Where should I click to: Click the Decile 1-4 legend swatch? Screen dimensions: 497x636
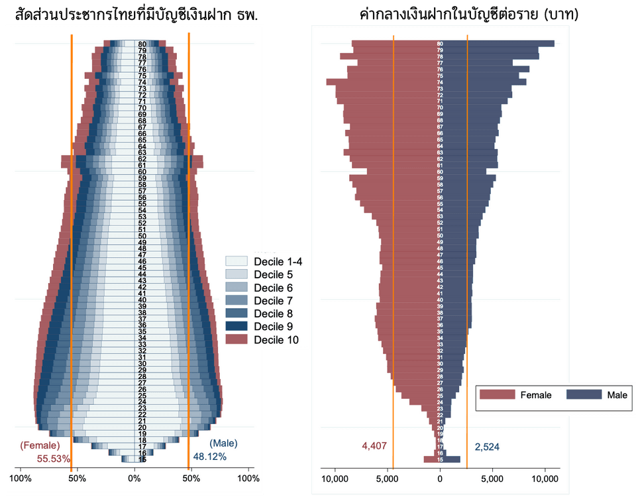(236, 262)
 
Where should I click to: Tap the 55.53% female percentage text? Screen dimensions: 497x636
(53, 458)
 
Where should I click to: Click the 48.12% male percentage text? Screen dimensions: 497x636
(210, 457)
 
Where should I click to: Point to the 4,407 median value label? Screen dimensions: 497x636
(374, 446)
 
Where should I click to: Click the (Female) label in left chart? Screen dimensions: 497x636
(40, 445)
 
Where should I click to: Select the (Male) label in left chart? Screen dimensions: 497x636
(223, 443)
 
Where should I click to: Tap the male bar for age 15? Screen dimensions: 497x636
(452, 459)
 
